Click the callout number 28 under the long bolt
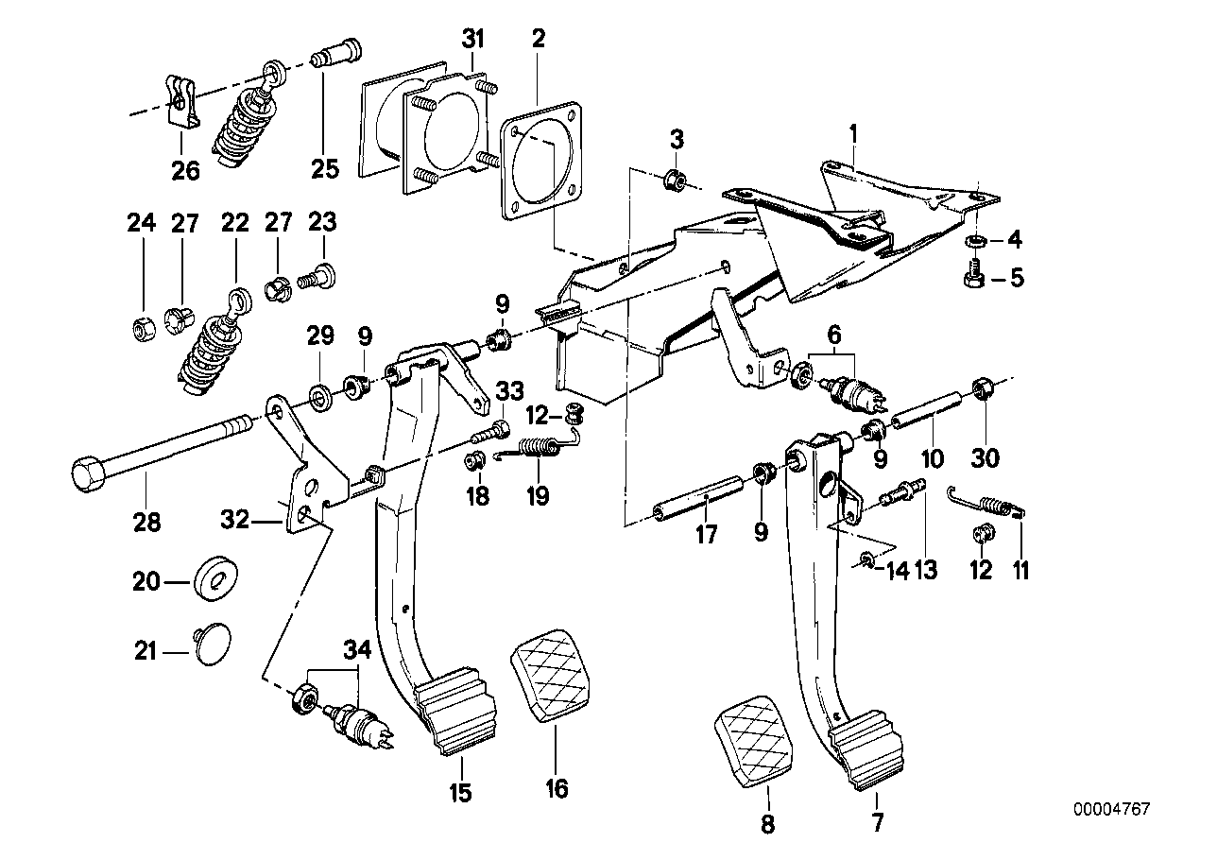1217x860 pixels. pyautogui.click(x=147, y=521)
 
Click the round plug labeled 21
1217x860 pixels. pyautogui.click(x=211, y=651)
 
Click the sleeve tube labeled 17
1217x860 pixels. pyautogui.click(x=698, y=502)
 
